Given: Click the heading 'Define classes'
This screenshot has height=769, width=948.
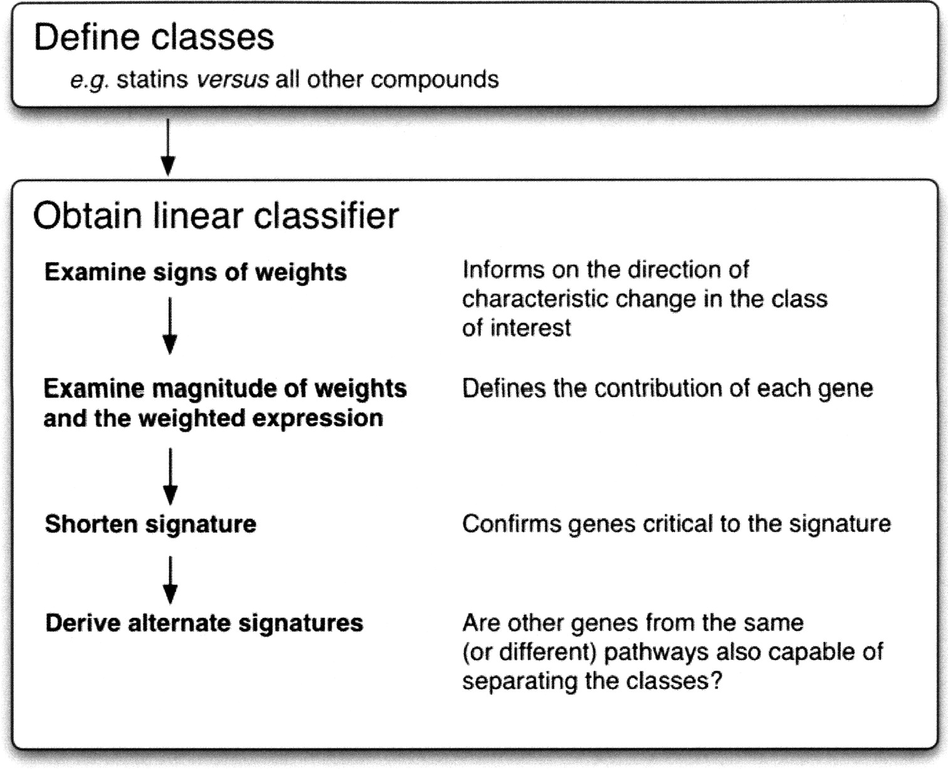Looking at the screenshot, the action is click(154, 37).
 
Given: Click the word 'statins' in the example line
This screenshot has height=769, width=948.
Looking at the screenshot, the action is click(152, 80).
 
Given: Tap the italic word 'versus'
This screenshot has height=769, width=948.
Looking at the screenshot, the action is click(233, 80).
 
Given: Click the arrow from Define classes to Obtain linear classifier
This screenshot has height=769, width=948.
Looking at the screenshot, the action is click(168, 147).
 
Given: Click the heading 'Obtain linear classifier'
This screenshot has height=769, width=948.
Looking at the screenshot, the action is click(216, 216).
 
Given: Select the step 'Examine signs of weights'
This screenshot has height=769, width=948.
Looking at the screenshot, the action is click(196, 272).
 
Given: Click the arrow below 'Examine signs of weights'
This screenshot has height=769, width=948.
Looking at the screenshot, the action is click(170, 326).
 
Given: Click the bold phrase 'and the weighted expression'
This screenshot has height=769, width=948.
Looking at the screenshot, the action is click(213, 418).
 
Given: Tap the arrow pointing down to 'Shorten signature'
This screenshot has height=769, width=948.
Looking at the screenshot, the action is click(171, 477).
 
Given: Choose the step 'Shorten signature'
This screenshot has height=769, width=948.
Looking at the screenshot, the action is click(150, 524).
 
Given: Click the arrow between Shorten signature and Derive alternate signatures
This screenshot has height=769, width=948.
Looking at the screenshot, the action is click(171, 580).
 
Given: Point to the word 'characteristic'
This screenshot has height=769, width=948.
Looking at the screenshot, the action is click(535, 299).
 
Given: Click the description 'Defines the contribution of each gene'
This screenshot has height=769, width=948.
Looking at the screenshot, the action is click(668, 389).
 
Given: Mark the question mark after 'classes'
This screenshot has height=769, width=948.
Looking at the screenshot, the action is click(715, 681).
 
